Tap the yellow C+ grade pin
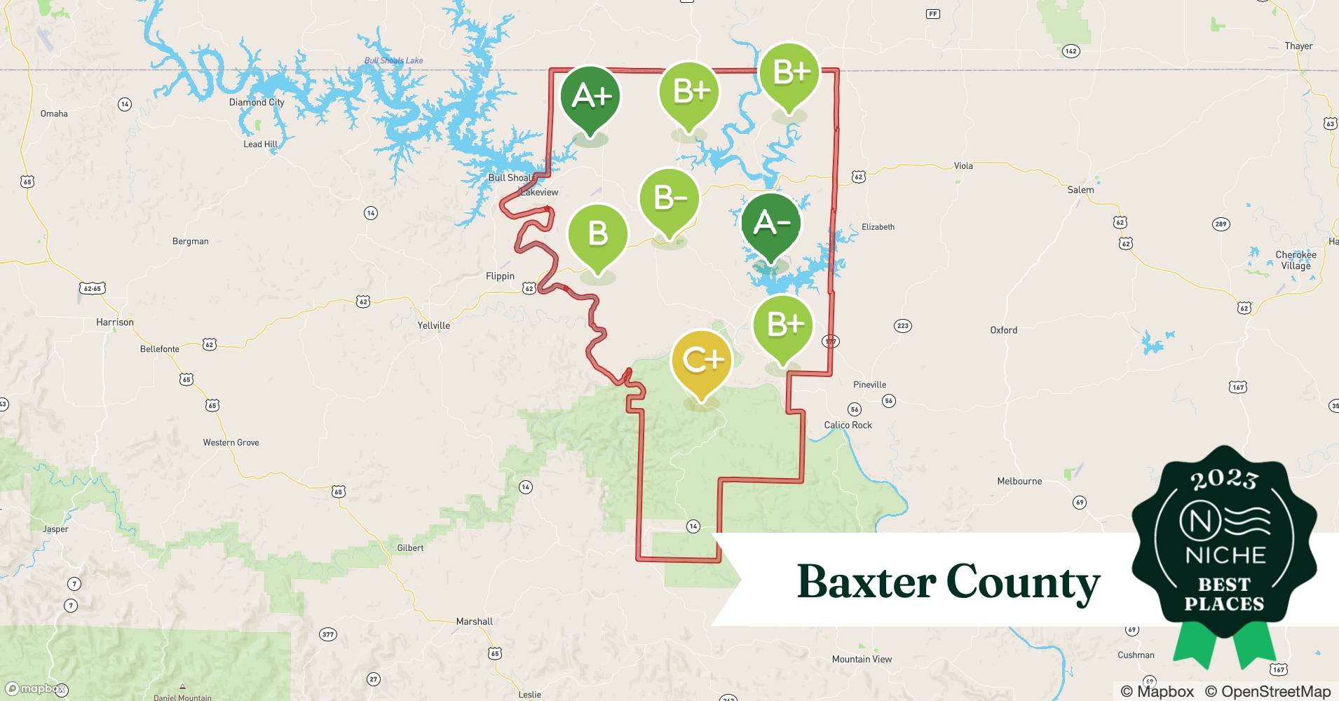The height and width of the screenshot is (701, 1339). tap(701, 362)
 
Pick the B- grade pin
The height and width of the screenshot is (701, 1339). tap(669, 199)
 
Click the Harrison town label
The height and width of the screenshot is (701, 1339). tap(115, 322)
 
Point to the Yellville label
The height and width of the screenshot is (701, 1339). tap(433, 325)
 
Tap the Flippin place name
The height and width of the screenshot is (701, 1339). tap(500, 276)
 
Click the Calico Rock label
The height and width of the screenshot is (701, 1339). tap(848, 425)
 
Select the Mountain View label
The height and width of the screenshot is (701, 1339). tap(862, 659)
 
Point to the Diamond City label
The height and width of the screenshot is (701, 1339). tap(257, 102)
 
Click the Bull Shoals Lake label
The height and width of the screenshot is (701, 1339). tap(393, 61)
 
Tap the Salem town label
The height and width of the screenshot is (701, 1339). tap(1080, 190)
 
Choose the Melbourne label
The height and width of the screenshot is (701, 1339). tap(1019, 481)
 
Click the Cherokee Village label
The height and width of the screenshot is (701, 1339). tap(1296, 260)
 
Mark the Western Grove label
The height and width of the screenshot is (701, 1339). tap(231, 442)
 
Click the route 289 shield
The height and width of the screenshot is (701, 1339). tap(1221, 224)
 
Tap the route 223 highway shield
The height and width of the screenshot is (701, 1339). tap(902, 325)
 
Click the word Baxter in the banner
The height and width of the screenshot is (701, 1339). tap(866, 582)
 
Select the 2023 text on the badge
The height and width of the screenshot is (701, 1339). tap(1224, 479)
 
